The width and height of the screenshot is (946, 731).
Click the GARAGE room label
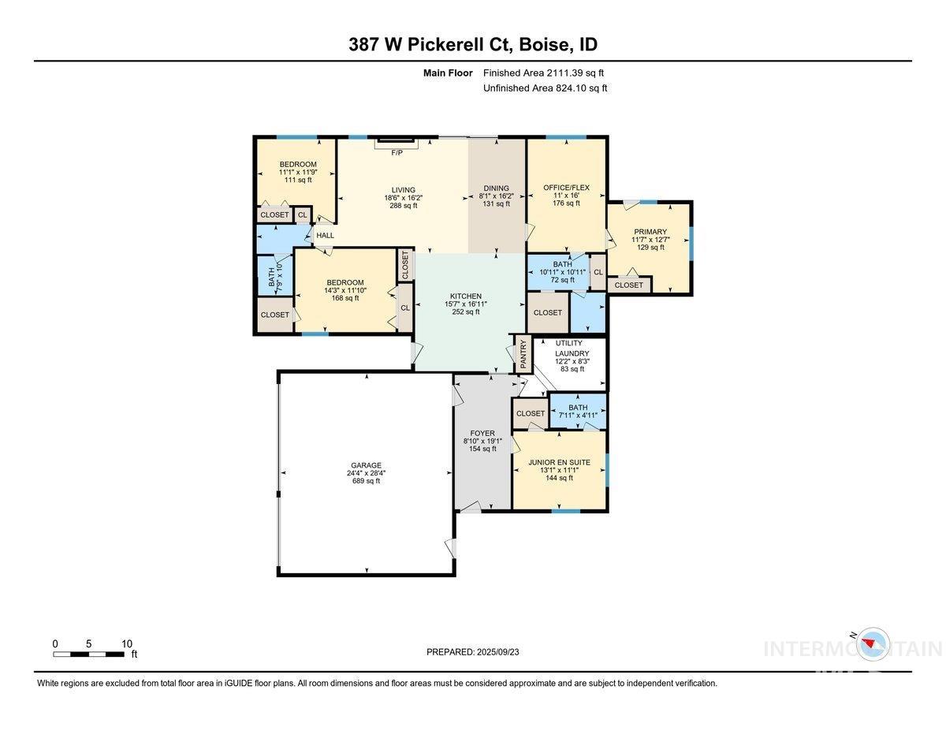tap(367, 465)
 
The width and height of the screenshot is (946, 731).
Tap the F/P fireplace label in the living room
tap(397, 152)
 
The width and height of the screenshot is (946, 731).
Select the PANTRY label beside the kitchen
tap(523, 355)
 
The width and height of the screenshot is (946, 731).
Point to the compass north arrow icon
tap(871, 644)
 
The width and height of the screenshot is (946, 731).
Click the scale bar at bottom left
tap(90, 654)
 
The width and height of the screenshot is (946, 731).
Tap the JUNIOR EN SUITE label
tap(560, 462)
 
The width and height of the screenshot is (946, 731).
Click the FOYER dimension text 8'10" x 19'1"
tap(483, 441)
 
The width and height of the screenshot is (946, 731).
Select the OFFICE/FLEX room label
tap(566, 188)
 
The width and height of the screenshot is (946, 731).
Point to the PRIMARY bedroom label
tap(650, 232)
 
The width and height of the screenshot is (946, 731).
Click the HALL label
tap(325, 235)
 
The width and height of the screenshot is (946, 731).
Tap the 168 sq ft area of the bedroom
tap(345, 298)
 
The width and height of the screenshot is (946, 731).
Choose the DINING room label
tap(496, 188)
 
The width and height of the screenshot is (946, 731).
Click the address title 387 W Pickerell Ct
tap(472, 44)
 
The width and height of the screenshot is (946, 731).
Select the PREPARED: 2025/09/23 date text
tap(473, 652)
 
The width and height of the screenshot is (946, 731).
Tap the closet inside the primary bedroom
tap(628, 285)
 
